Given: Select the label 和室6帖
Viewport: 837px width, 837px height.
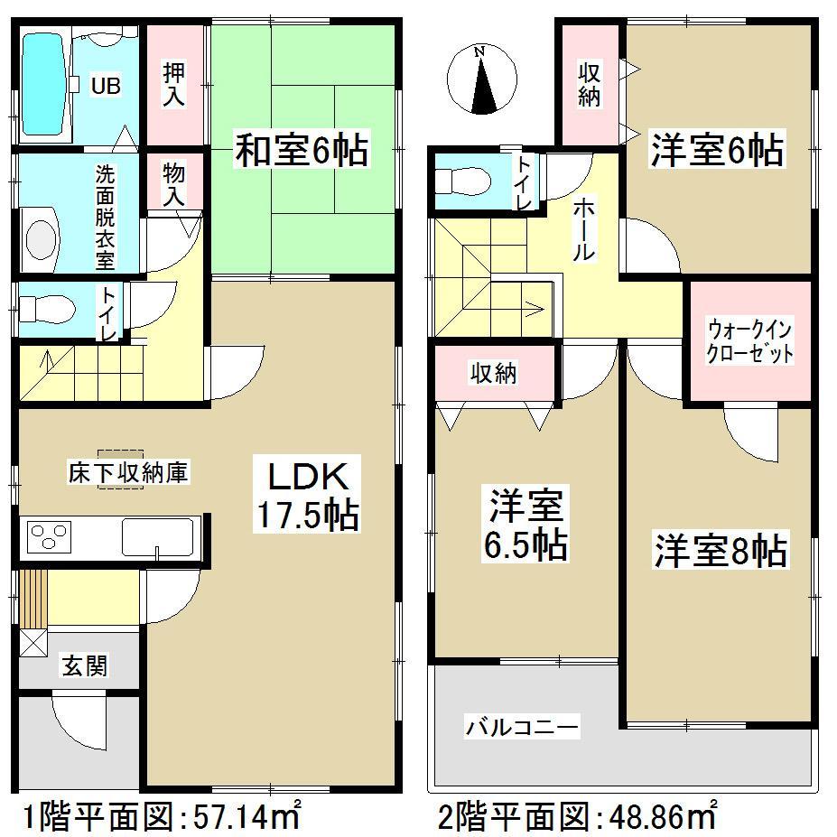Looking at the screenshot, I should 302,151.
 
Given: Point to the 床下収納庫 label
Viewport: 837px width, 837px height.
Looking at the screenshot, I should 128,471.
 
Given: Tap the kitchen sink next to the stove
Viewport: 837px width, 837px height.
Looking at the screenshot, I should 158,537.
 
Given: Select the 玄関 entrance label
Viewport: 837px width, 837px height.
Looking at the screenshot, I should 85,665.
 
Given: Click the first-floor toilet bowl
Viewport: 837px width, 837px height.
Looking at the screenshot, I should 42,310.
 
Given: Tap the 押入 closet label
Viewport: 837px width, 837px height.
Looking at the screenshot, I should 173,83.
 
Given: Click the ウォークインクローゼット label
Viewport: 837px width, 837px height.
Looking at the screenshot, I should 750,340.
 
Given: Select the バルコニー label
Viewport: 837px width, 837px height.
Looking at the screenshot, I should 522,725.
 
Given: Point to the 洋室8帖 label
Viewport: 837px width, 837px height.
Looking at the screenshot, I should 720,551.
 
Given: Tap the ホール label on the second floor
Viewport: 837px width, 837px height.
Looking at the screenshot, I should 583,229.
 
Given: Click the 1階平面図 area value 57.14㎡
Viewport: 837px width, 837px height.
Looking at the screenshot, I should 247,818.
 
